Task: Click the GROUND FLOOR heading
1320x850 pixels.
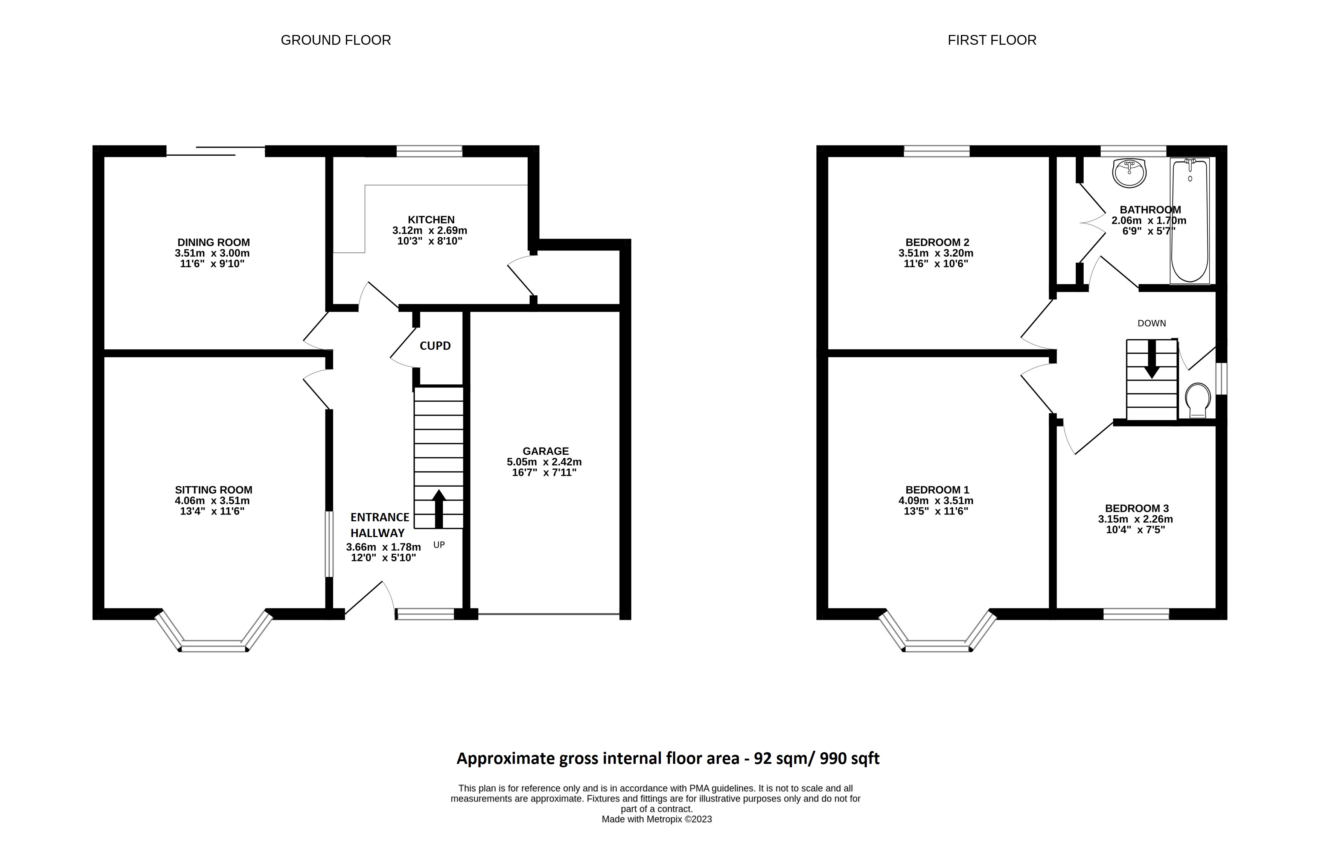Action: coord(335,40)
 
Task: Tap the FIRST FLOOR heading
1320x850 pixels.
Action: coord(991,40)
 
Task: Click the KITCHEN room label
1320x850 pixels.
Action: coord(431,220)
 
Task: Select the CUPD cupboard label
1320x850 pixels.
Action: coord(435,346)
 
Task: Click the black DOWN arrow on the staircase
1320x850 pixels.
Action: coord(1151,359)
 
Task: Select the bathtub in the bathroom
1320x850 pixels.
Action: coord(1190,221)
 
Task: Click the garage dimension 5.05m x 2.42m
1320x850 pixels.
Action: coord(544,462)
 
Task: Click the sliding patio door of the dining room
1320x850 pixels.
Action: coord(215,151)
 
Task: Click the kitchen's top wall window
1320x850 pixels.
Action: coord(429,151)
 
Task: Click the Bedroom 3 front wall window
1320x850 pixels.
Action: coord(1136,614)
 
